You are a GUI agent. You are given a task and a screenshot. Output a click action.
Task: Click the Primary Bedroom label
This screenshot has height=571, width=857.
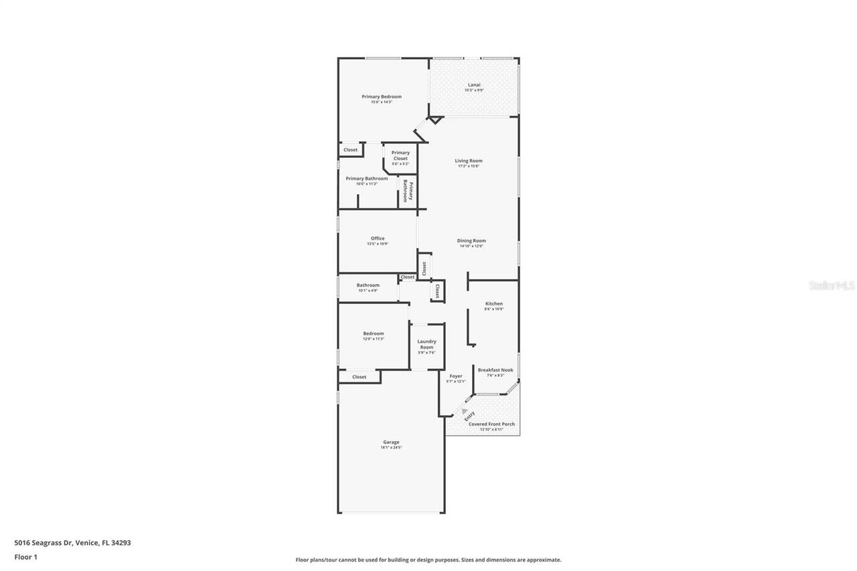382,96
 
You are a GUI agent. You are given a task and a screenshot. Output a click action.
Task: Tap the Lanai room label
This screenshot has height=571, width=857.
474,85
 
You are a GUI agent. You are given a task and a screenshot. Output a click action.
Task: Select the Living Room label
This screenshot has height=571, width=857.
469,161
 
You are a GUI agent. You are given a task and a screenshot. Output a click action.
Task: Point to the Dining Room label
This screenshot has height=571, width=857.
471,240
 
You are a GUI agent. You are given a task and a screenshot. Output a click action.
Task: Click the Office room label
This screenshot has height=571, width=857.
378,238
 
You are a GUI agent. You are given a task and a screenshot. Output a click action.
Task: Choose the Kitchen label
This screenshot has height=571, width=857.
494,304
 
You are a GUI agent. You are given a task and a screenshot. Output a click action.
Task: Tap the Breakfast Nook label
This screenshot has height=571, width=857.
495,370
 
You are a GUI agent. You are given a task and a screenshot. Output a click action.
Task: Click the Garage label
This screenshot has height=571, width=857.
391,442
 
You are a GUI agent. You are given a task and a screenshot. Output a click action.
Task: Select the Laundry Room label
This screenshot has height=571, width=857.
426,344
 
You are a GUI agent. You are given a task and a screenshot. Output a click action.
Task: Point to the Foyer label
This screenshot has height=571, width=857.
456,376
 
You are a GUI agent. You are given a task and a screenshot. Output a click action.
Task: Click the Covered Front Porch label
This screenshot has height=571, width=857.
491,424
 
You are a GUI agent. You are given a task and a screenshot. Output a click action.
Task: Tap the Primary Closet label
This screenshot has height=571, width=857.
400,155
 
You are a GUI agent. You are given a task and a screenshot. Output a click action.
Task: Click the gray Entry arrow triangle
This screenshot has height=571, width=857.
464,410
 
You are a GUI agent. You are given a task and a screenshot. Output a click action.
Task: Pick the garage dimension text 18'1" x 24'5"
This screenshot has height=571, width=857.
391,447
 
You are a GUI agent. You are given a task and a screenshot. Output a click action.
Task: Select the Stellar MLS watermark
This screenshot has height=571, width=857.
832,286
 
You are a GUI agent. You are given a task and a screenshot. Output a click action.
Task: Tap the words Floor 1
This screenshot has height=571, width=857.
26,556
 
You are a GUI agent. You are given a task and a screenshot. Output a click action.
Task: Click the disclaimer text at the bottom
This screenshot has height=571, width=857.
428,560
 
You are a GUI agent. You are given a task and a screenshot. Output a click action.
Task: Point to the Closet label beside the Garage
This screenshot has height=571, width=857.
360,377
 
